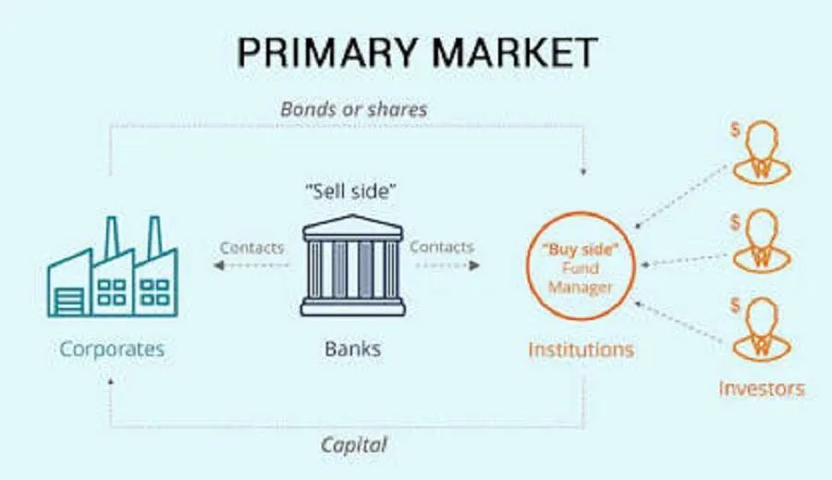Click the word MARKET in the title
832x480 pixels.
pyautogui.click(x=516, y=52)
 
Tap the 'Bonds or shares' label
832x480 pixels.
pyautogui.click(x=354, y=109)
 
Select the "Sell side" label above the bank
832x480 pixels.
pyautogui.click(x=351, y=191)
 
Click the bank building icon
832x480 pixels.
pyautogui.click(x=353, y=265)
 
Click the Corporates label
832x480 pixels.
pyautogui.click(x=112, y=349)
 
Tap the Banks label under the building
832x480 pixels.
pyautogui.click(x=353, y=349)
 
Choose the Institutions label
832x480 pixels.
pyautogui.click(x=581, y=350)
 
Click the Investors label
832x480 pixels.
pyautogui.click(x=762, y=388)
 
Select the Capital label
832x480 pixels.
pyautogui.click(x=354, y=445)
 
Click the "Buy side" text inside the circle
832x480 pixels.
pyautogui.click(x=581, y=249)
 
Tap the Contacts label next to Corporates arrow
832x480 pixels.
pyautogui.click(x=252, y=248)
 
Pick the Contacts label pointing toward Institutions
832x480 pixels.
pyautogui.click(x=442, y=247)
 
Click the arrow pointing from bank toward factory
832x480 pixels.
pyautogui.click(x=251, y=265)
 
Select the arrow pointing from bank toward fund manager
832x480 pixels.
pyautogui.click(x=447, y=265)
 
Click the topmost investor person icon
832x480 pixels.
pyautogui.click(x=762, y=153)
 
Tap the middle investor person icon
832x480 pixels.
pyautogui.click(x=762, y=241)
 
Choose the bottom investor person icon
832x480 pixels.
pyautogui.click(x=762, y=330)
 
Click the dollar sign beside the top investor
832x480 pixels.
pyautogui.click(x=735, y=129)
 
